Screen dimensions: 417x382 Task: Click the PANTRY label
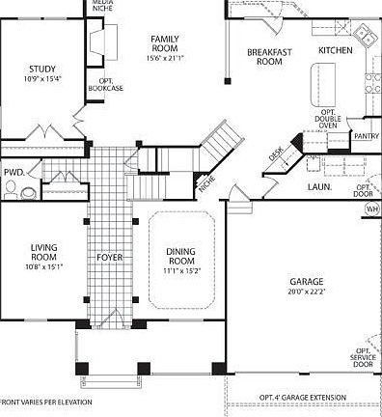pyautogui.click(x=367, y=136)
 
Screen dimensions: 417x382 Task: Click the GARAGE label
pyautogui.click(x=306, y=281)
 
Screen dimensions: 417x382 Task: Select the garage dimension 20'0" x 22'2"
pyautogui.click(x=306, y=292)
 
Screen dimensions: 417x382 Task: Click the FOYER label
pyautogui.click(x=109, y=257)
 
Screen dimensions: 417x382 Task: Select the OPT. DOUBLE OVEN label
pyautogui.click(x=329, y=118)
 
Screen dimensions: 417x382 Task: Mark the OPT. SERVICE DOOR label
pyautogui.click(x=363, y=357)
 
